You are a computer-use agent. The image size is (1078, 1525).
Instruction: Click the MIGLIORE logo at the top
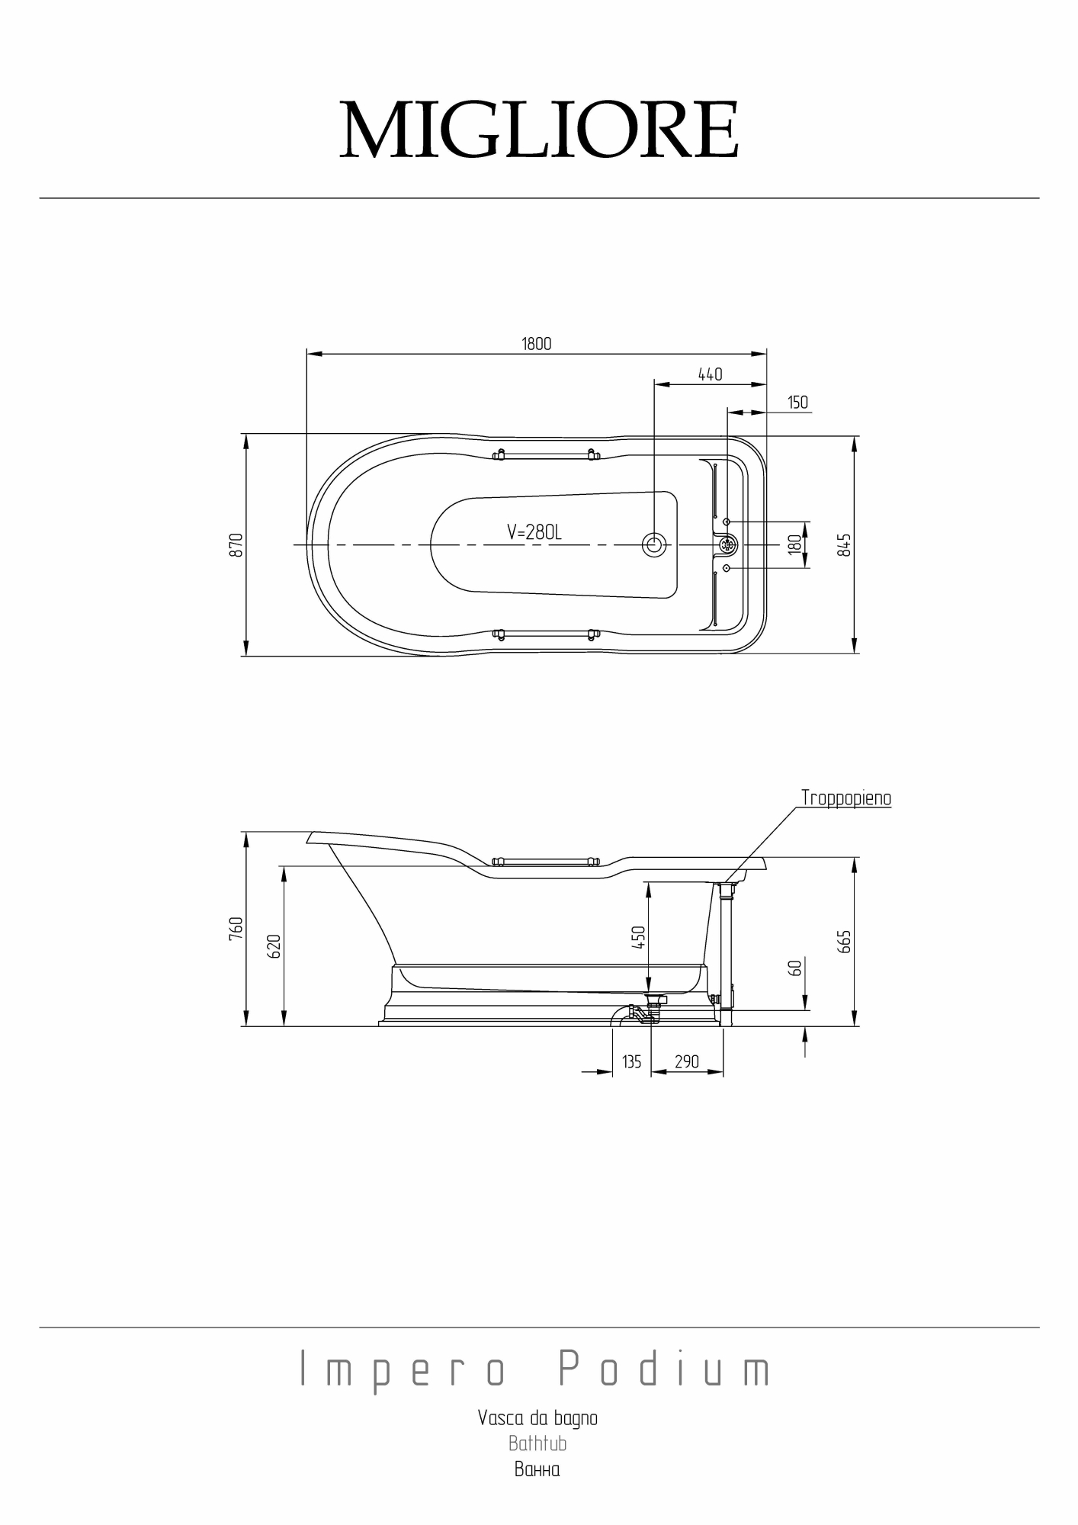[x=539, y=130]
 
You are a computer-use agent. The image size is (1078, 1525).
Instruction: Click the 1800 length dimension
[x=536, y=344]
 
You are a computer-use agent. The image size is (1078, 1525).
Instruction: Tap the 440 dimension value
[x=710, y=374]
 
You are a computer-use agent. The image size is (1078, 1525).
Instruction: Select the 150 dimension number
[x=797, y=403]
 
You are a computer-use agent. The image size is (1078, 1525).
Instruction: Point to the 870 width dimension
[x=236, y=544]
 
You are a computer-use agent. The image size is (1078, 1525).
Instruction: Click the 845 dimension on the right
[x=844, y=544]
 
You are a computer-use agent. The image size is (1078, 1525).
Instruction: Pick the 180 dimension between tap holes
[x=795, y=544]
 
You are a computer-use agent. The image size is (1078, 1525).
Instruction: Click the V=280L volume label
[x=534, y=532]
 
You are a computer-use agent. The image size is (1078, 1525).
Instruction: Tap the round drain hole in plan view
[x=654, y=544]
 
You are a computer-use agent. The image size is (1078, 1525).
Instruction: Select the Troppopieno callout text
[x=845, y=798]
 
